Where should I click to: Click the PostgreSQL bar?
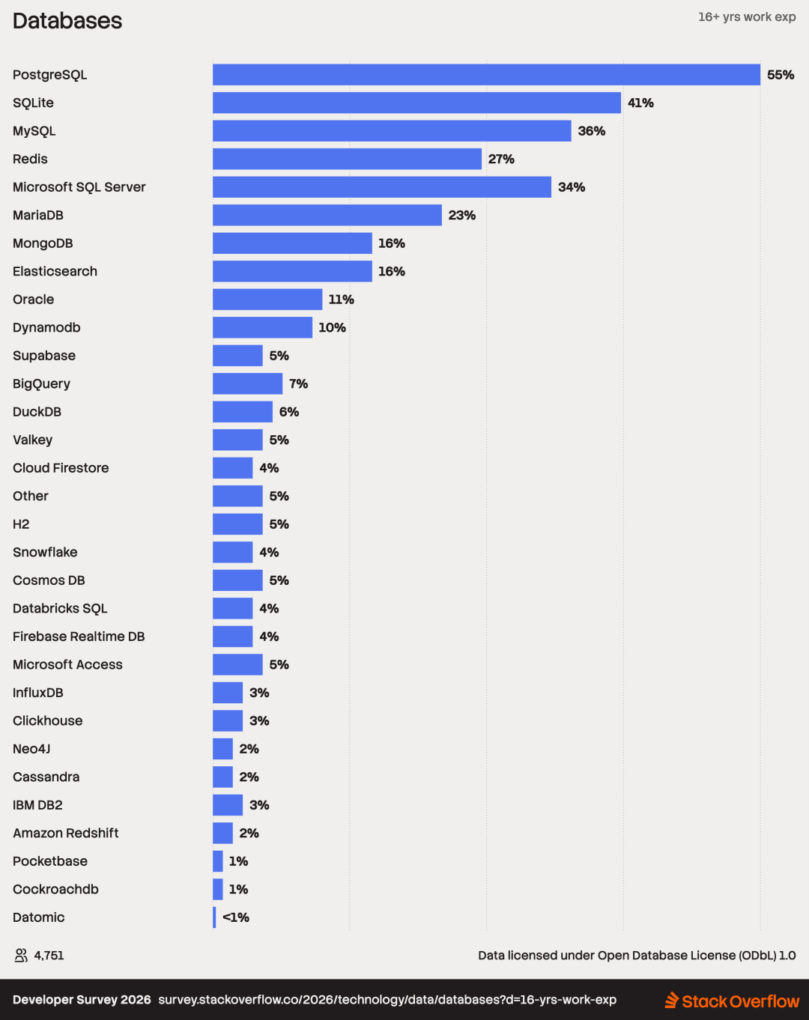point(487,75)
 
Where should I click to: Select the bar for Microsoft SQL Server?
point(382,187)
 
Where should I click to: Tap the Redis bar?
point(347,160)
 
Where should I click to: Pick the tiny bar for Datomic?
point(214,917)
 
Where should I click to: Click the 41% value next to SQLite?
point(640,103)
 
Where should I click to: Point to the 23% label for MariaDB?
point(462,215)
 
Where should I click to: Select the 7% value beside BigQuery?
point(298,384)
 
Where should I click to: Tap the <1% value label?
point(236,917)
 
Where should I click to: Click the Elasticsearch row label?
point(55,272)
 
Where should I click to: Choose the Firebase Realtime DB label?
point(79,637)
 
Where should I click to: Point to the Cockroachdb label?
point(56,890)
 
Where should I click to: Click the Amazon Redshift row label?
point(66,834)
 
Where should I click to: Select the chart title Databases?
point(67,21)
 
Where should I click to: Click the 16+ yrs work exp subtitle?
point(747,17)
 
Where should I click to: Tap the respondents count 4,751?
point(49,955)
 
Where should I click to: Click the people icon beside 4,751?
point(21,955)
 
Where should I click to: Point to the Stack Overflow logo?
point(732,1001)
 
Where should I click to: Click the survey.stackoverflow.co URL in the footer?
point(387,1000)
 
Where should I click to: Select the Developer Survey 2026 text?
point(82,1000)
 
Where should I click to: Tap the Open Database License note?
point(637,956)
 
